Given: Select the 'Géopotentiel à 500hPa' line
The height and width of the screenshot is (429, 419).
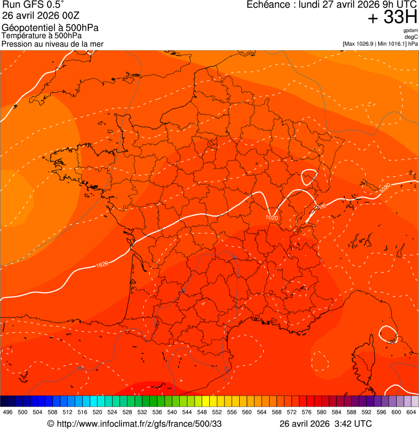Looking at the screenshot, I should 50,28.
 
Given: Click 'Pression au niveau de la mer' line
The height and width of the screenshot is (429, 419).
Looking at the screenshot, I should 52,44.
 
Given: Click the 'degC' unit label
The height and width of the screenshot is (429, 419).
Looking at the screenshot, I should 411,37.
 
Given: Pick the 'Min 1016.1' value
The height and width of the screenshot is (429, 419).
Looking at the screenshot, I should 391,44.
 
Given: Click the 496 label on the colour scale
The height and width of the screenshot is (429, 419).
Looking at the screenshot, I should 8,412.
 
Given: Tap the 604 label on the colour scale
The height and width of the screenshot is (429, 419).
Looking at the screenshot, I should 411,412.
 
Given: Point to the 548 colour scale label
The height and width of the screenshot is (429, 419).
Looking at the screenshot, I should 202,412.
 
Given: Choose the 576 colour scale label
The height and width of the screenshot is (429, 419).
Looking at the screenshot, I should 307,412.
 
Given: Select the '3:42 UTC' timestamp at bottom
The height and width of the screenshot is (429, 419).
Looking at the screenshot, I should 353,424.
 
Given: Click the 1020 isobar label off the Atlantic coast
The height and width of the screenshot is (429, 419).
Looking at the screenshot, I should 101,265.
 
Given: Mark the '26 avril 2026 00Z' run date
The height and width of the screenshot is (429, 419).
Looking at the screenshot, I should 41,16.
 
